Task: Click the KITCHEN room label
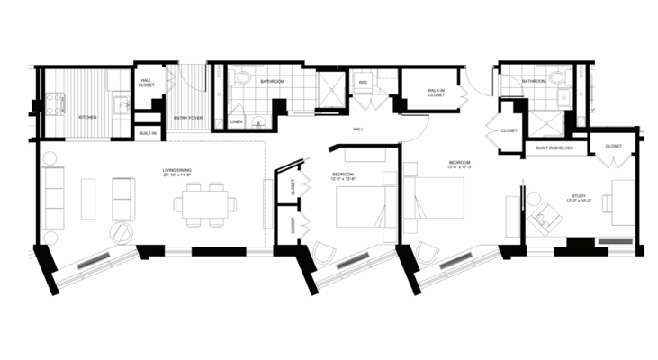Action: pos(87,118)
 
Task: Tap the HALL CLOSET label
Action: pos(147,83)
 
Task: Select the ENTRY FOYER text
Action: pos(185,118)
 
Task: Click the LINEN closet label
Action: pos(236,121)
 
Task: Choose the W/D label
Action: pos(363,82)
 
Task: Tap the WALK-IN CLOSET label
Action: pos(437,92)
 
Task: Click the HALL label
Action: pos(357,130)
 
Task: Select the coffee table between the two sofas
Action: pos(88,199)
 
